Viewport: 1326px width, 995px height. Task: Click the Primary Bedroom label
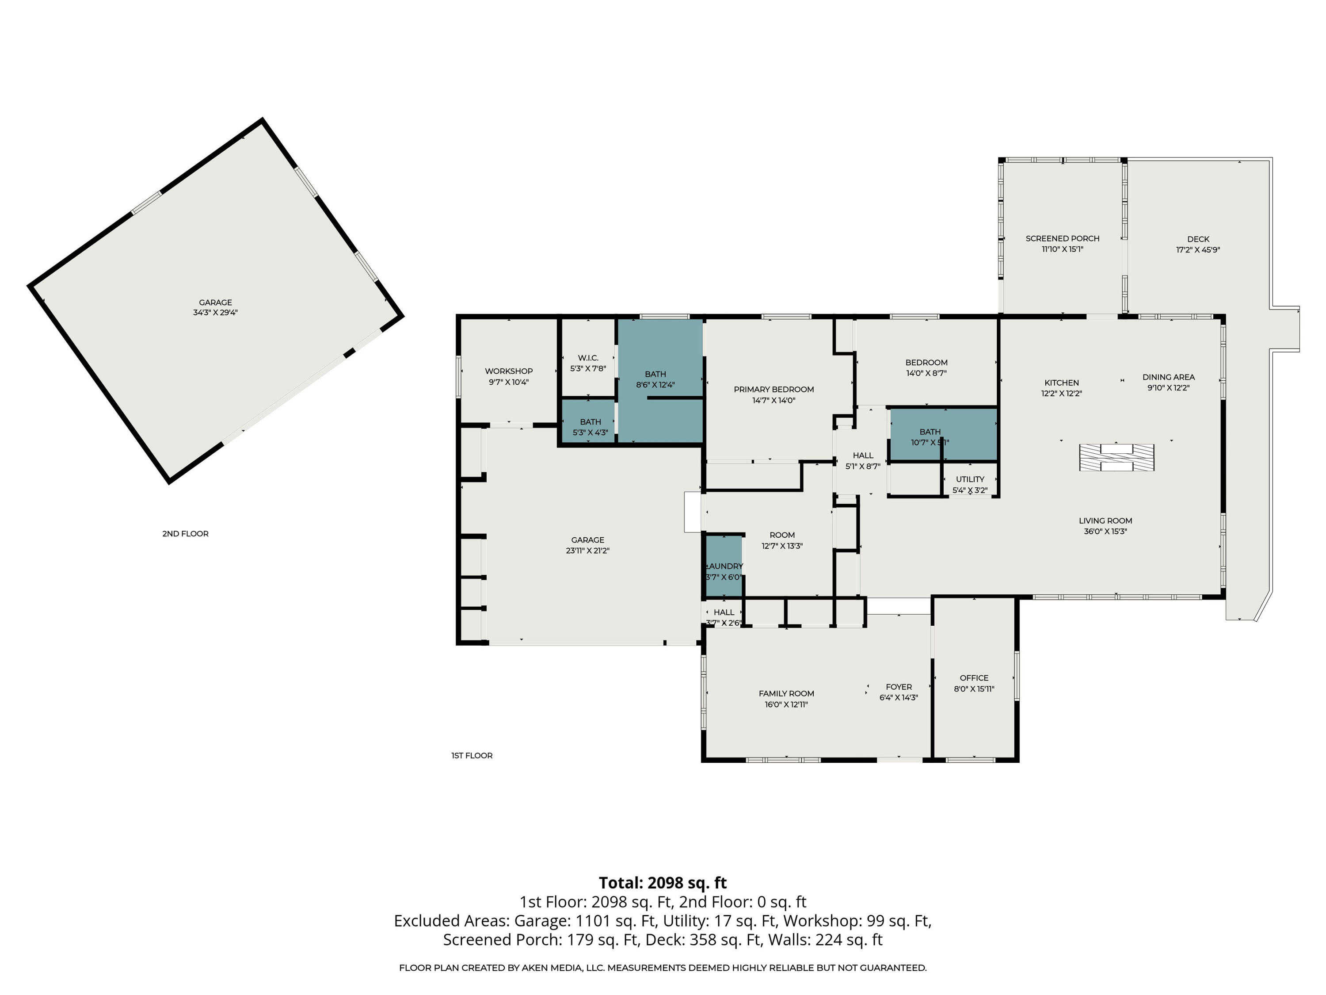tap(773, 389)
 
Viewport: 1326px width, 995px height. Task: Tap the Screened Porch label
tap(1062, 238)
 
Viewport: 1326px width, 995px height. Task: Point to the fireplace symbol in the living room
tap(1116, 458)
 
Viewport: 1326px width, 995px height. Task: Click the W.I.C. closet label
tap(587, 358)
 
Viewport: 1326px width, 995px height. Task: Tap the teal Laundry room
tap(724, 566)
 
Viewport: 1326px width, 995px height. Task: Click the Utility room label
tap(969, 479)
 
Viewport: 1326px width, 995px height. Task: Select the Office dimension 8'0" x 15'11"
tap(974, 689)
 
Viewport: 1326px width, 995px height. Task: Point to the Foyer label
tap(898, 687)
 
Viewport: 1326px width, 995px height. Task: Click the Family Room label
tap(786, 693)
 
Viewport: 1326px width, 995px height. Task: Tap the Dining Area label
tap(1168, 377)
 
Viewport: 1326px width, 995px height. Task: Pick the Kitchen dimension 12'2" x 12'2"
tap(1061, 394)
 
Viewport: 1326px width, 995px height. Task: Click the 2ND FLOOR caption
tap(185, 534)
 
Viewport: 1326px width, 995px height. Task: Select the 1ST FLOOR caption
tap(472, 756)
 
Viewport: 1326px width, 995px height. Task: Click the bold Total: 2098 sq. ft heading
tap(663, 883)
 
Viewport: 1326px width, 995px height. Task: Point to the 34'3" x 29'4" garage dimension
tap(215, 313)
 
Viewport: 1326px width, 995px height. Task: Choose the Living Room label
tap(1105, 520)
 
